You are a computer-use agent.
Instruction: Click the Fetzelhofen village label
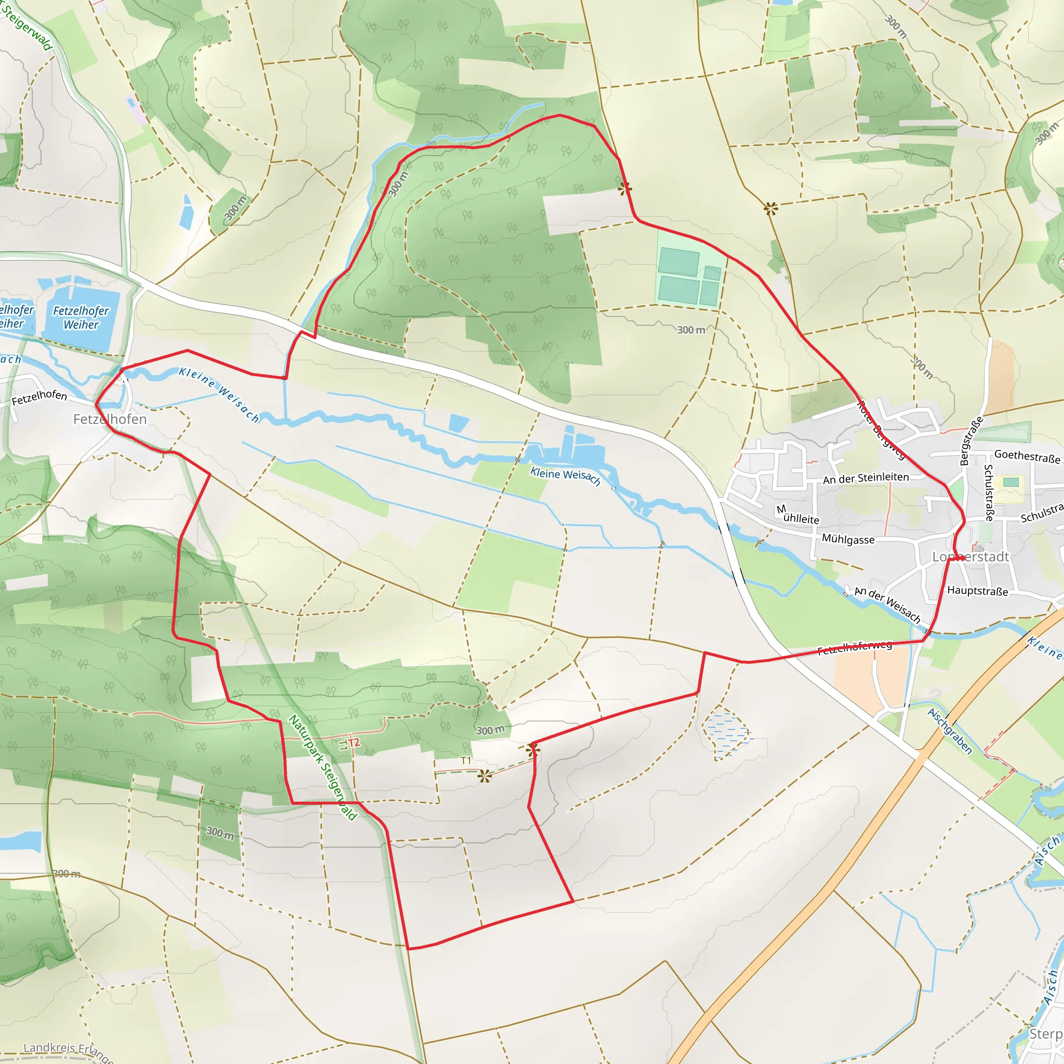pos(110,419)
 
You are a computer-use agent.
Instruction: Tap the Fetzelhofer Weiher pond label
pos(81,318)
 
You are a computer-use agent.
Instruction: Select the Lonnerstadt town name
pos(970,557)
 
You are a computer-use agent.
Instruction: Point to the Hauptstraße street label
pos(977,591)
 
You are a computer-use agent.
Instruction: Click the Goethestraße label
pos(1027,457)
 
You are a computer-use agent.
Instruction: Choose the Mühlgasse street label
pos(847,539)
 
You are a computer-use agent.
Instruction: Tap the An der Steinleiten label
pos(866,478)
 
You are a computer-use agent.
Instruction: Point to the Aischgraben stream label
pos(950,731)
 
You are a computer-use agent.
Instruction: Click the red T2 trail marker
pos(354,743)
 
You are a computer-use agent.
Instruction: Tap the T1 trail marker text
pos(466,761)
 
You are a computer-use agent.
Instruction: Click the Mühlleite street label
pos(798,515)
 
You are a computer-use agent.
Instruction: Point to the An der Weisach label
pos(887,605)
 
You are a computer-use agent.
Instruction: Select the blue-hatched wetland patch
pos(727,733)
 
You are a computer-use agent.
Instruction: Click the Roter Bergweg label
pos(881,431)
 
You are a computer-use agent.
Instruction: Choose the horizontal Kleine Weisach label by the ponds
pos(565,476)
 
